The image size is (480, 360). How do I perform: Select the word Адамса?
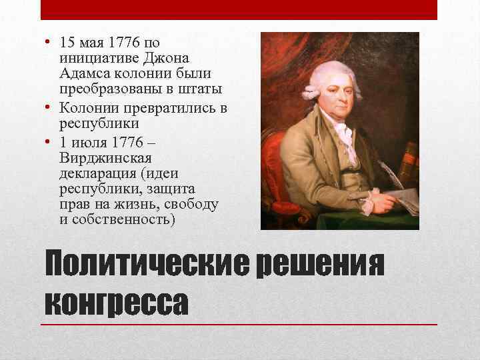pyautogui.click(x=81, y=73)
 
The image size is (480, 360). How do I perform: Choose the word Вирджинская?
pyautogui.click(x=106, y=158)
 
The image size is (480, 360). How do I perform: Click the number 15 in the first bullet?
pyautogui.click(x=66, y=42)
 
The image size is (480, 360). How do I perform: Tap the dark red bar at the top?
pyautogui.click(x=239, y=10)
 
